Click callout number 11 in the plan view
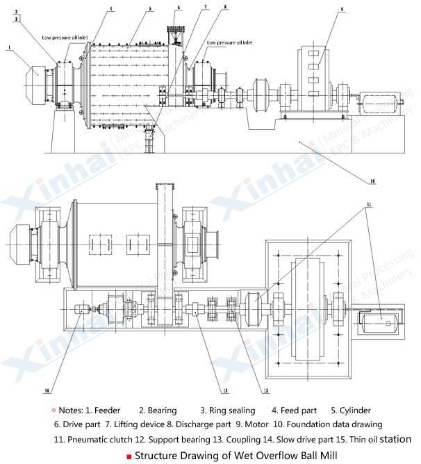(369, 204)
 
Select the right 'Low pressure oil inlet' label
(230, 42)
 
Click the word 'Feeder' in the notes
(107, 411)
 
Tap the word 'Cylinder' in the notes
(354, 411)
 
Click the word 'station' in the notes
(395, 439)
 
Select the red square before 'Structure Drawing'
(129, 456)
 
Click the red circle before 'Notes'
(53, 411)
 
